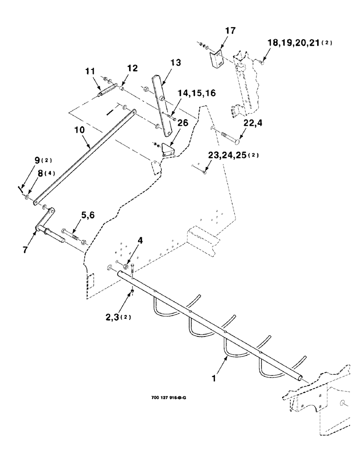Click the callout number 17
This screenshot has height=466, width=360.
click(230, 31)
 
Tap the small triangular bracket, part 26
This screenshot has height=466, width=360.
click(167, 151)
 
